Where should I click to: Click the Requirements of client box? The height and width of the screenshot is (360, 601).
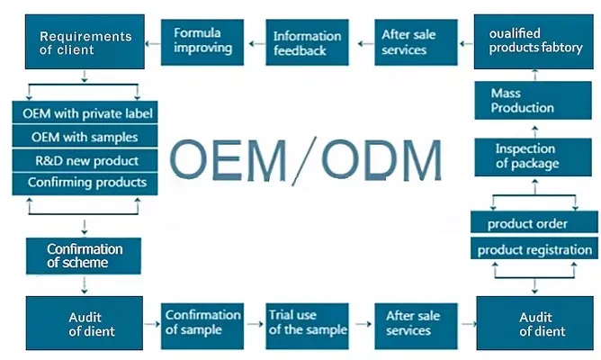pyautogui.click(x=85, y=42)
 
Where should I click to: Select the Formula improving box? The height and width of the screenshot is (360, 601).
pyautogui.click(x=202, y=40)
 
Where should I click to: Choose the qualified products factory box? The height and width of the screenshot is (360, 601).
pyautogui.click(x=535, y=41)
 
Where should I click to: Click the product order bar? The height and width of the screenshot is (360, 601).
pyautogui.click(x=534, y=224)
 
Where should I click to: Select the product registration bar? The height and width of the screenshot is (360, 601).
pyautogui.click(x=534, y=249)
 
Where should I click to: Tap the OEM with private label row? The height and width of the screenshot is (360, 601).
pyautogui.click(x=85, y=113)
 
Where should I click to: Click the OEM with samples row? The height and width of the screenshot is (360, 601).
pyautogui.click(x=85, y=137)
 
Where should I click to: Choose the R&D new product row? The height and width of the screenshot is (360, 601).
pyautogui.click(x=85, y=160)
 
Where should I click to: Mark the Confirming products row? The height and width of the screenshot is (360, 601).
pyautogui.click(x=85, y=183)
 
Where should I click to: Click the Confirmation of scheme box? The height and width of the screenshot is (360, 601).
pyautogui.click(x=85, y=256)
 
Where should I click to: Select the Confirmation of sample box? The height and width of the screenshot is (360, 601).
pyautogui.click(x=202, y=322)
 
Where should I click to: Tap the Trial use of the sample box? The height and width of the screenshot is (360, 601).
pyautogui.click(x=308, y=322)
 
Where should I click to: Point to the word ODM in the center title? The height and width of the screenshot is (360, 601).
pyautogui.click(x=383, y=160)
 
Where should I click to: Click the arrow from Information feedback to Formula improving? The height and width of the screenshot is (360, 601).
pyautogui.click(x=256, y=40)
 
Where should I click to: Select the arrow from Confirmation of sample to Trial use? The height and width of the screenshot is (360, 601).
pyautogui.click(x=255, y=322)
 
